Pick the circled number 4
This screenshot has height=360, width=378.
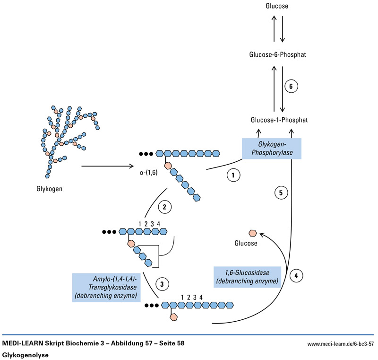(296, 275)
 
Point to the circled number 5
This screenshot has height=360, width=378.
(281, 193)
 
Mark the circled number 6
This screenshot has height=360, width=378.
(291, 87)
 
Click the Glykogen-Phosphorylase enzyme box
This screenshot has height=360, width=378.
(271, 148)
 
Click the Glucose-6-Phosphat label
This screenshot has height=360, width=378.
(278, 55)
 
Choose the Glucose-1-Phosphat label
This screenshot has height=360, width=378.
(279, 120)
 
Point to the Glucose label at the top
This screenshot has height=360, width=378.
(277, 6)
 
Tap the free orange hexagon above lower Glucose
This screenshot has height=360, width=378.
(253, 233)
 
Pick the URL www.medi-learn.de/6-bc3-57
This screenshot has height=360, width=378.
(341, 343)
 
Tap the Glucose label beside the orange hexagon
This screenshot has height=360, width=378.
(246, 243)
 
